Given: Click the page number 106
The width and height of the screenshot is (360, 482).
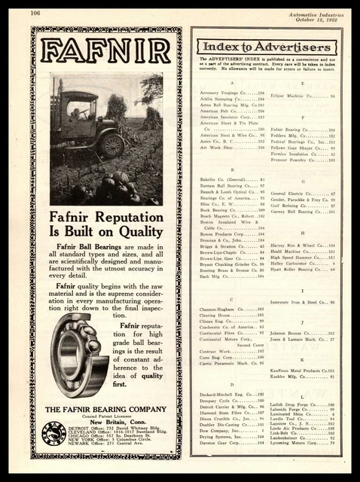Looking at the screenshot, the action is [x=35, y=12].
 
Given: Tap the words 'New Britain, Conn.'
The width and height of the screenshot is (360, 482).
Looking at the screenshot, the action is [x=107, y=421].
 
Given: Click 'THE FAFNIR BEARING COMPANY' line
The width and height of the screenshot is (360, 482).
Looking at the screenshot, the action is [x=106, y=407].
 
